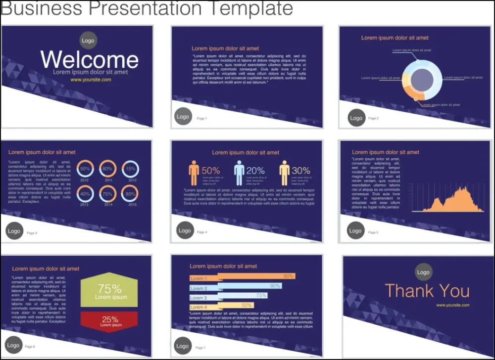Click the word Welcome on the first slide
[x=90, y=59]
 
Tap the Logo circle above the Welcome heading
[x=88, y=41]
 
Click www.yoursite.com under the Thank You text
[x=452, y=305]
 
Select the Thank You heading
[x=427, y=291]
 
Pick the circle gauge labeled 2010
[x=85, y=169]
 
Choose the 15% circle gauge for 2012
[x=130, y=169]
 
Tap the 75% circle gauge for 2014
[x=108, y=194]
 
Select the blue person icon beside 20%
[x=240, y=173]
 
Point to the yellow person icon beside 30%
[x=284, y=173]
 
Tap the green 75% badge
[x=109, y=291]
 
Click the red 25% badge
[x=109, y=321]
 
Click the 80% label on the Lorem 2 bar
[x=275, y=286]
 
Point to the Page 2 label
[x=373, y=119]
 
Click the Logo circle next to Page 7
[x=183, y=346]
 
